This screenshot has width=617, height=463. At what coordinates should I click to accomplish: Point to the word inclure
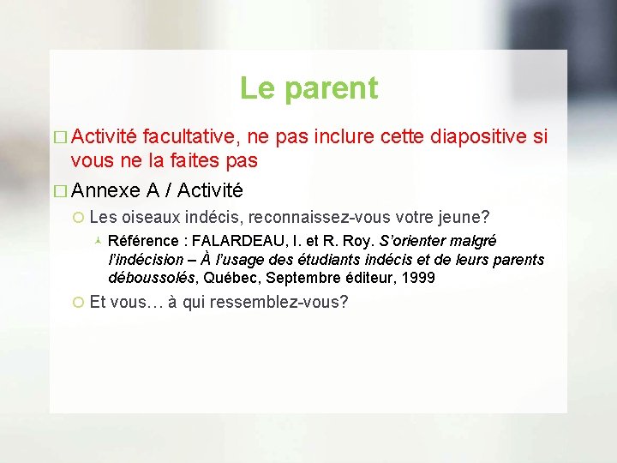pyautogui.click(x=345, y=135)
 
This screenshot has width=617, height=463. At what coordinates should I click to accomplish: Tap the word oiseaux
pyautogui.click(x=152, y=218)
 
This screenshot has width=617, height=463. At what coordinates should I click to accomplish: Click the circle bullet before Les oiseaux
pyautogui.click(x=78, y=219)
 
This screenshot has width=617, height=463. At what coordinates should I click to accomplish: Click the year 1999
pyautogui.click(x=416, y=278)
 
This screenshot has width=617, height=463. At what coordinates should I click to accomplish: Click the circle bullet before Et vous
pyautogui.click(x=78, y=304)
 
